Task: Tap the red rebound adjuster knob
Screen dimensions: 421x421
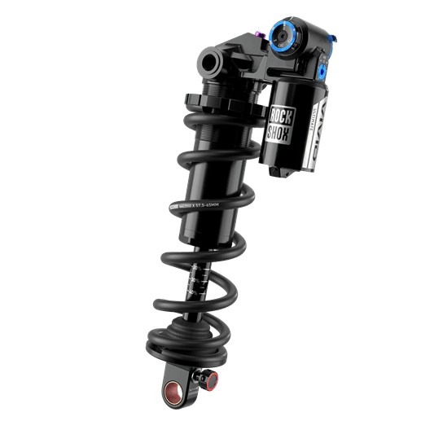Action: tap(211, 379)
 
